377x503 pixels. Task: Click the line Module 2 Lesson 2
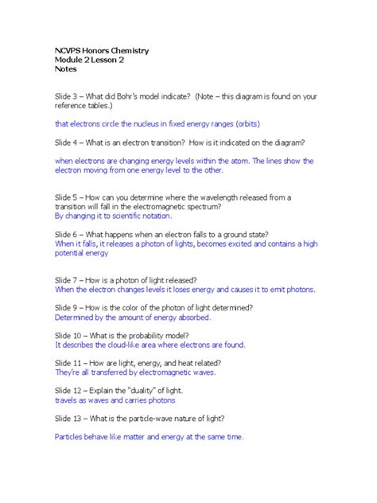pyautogui.click(x=89, y=60)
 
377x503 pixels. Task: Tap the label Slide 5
pyautogui.click(x=68, y=197)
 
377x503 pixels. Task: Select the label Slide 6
pyautogui.click(x=68, y=234)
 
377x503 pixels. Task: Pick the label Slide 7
pyautogui.click(x=68, y=280)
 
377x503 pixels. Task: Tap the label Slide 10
pyautogui.click(x=69, y=335)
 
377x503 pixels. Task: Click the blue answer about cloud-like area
pyautogui.click(x=150, y=345)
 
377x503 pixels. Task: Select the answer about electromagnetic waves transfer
pyautogui.click(x=135, y=372)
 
